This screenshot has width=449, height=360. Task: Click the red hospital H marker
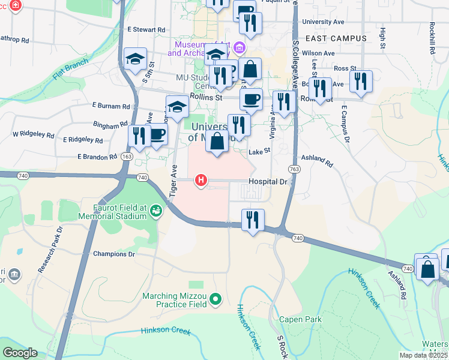tap(201, 180)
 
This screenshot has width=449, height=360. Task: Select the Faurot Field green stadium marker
tap(156, 211)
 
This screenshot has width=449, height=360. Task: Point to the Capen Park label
tap(301, 320)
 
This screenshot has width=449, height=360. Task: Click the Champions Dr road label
tap(114, 254)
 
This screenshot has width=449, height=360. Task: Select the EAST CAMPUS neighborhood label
tap(336, 38)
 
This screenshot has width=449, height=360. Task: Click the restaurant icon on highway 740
tap(253, 220)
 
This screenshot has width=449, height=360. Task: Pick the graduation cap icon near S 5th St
tap(135, 59)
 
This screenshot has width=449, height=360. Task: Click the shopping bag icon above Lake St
tap(218, 142)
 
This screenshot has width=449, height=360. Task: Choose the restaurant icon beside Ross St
tap(361, 81)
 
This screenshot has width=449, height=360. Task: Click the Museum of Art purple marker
tap(240, 47)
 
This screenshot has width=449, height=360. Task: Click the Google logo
tap(20, 353)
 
